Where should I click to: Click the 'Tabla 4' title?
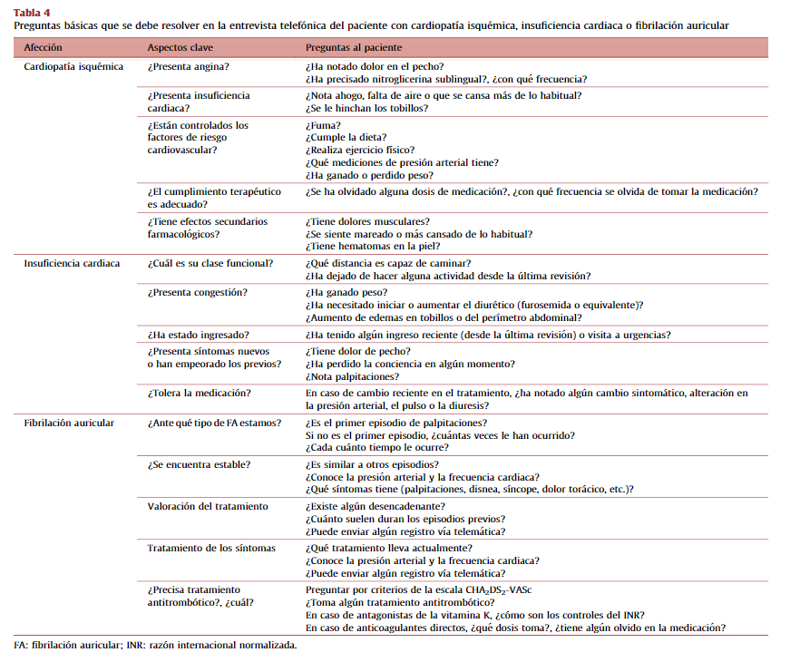(32, 12)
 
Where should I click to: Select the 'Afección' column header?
(44, 46)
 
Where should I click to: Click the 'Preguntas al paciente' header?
(354, 46)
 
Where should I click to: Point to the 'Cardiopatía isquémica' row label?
(73, 68)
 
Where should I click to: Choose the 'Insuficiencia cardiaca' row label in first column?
(73, 263)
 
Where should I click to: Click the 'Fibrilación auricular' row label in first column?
(69, 423)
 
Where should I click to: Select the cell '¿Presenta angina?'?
(188, 68)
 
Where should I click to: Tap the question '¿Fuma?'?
(324, 125)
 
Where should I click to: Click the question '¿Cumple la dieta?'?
(348, 138)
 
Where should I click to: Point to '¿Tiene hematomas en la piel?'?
(373, 246)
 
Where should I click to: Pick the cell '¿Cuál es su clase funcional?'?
(210, 263)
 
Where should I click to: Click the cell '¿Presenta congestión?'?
(197, 293)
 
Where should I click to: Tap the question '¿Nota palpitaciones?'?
(353, 376)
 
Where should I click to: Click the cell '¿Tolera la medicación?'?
(199, 394)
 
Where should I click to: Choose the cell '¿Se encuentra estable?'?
(200, 464)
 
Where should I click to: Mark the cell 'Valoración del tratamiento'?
(208, 506)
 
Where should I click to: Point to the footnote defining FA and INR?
(155, 646)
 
